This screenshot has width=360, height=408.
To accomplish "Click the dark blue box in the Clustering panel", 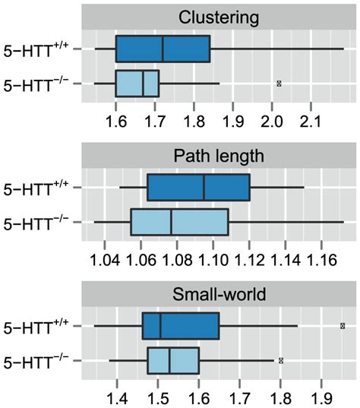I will coord(163,49).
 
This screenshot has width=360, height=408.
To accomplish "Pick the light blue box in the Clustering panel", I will coord(137,83).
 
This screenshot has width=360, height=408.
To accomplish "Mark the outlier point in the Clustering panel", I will coord(279,83).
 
